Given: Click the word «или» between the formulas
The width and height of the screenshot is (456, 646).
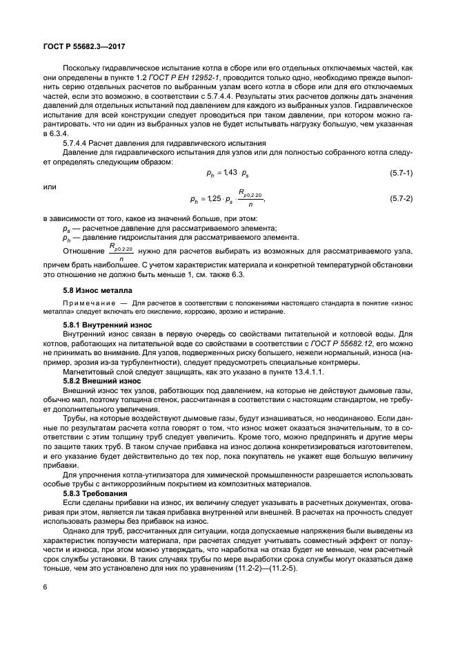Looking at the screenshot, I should [48, 186].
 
